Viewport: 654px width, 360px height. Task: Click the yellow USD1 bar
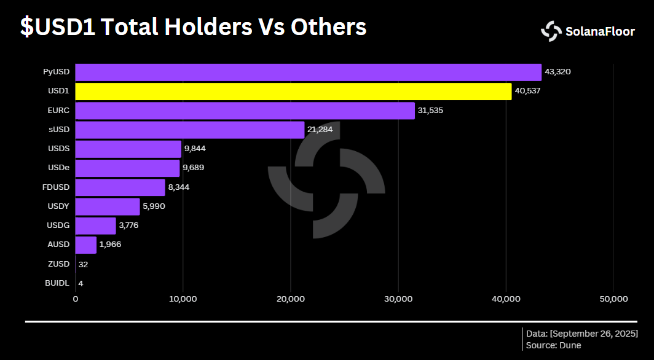[293, 92]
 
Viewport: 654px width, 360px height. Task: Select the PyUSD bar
[308, 72]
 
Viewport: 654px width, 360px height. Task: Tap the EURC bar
[245, 111]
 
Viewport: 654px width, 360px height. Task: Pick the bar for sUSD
[189, 130]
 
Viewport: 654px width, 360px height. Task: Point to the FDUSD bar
[120, 187]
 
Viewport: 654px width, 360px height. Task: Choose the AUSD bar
[85, 245]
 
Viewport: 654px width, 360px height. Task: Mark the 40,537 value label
[527, 92]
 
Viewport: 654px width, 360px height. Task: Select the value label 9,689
[195, 168]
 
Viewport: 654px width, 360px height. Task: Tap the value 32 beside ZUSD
[83, 264]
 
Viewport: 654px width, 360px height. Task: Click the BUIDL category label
[57, 283]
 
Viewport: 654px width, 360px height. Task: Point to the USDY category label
[58, 206]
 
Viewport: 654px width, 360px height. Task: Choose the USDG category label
[58, 225]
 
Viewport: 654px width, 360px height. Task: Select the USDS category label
[58, 149]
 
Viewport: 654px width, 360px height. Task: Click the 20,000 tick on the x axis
[290, 299]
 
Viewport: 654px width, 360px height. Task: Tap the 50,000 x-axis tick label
[613, 299]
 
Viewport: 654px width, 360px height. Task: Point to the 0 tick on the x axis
[76, 299]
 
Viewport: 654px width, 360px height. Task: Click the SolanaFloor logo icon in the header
[551, 31]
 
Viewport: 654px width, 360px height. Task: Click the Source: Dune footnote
[553, 345]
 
